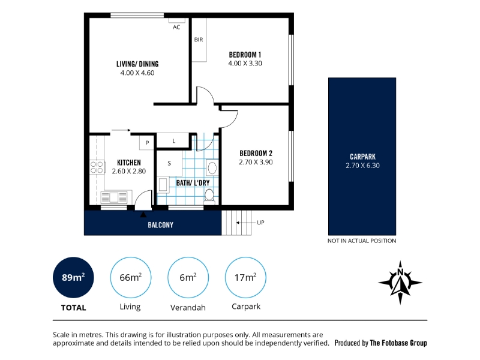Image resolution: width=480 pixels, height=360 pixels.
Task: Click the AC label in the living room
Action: (x=176, y=27)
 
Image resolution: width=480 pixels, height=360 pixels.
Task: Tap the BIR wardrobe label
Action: (x=199, y=40)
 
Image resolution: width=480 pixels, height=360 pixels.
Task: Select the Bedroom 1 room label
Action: (x=245, y=55)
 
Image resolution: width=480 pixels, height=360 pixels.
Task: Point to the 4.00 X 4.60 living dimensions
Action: (x=137, y=73)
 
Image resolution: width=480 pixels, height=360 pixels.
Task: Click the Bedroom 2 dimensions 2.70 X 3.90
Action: (x=256, y=162)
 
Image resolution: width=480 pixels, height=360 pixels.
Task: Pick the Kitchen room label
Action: (x=129, y=163)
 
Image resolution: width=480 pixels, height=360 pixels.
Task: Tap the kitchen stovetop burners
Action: (x=97, y=167)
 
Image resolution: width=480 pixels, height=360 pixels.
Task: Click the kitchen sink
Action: (x=113, y=197)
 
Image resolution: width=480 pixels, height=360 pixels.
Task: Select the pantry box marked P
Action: (x=147, y=143)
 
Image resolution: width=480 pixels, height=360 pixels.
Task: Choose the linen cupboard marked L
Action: (x=173, y=141)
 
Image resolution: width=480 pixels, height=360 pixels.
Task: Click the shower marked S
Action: (x=169, y=163)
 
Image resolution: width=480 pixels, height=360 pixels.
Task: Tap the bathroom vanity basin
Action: (x=212, y=168)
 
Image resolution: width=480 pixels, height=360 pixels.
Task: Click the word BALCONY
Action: (x=160, y=225)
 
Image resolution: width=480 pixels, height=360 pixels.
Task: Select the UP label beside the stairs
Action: (x=260, y=223)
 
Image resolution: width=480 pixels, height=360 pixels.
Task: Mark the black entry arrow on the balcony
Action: (x=143, y=215)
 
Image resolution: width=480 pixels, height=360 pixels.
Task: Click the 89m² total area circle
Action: (x=73, y=277)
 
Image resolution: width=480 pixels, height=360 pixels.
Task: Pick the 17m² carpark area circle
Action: (x=245, y=277)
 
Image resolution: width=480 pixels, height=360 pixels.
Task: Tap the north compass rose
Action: (x=400, y=283)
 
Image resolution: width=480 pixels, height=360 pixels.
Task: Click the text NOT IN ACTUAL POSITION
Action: (x=362, y=241)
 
